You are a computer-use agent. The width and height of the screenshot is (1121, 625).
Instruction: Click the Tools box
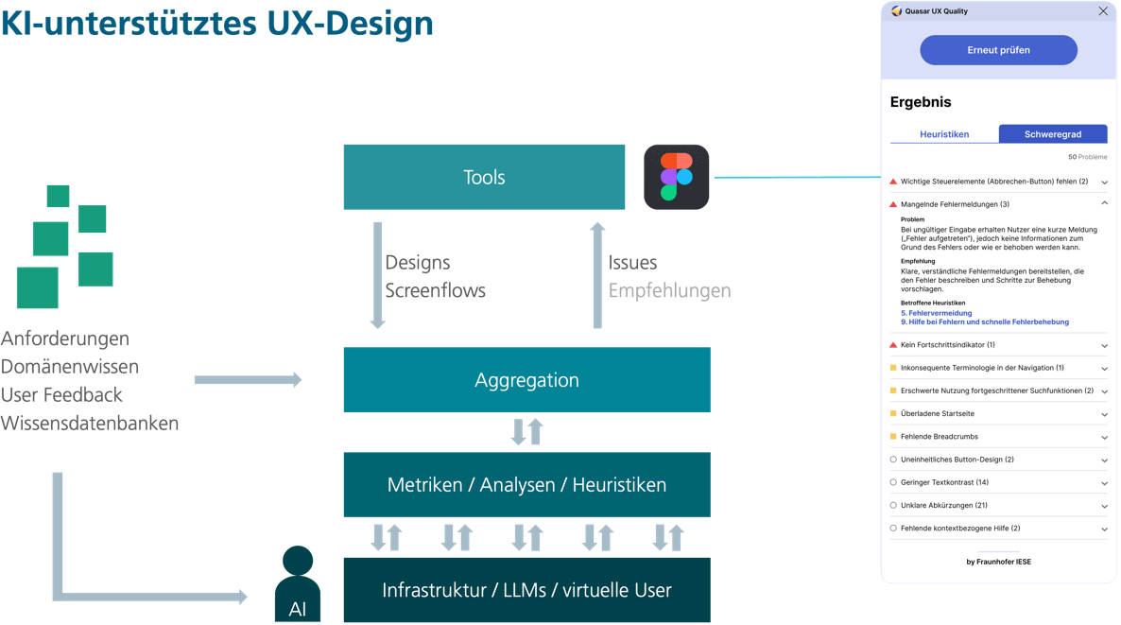[484, 177]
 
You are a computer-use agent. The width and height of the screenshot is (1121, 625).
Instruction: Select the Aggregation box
[526, 379]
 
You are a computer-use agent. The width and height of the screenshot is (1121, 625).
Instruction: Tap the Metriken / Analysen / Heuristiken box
[526, 484]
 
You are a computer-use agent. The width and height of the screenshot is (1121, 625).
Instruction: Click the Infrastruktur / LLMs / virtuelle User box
[526, 590]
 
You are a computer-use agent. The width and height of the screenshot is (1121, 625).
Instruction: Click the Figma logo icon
[676, 177]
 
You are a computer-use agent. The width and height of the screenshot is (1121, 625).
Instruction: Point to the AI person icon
[298, 585]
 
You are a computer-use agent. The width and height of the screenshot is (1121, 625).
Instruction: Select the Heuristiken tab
[943, 134]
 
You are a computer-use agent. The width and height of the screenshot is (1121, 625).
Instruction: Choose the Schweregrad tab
[1052, 134]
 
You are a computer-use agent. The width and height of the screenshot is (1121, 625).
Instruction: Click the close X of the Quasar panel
[1102, 11]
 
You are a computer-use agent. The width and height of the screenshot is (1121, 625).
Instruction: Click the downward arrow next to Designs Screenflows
[377, 275]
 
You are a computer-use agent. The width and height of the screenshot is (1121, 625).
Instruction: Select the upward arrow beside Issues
[597, 275]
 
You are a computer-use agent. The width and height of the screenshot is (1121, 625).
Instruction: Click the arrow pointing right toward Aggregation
[248, 379]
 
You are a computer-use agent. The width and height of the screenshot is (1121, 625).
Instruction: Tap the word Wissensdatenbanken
[90, 423]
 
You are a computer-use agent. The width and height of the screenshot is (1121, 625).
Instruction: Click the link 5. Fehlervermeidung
[936, 312]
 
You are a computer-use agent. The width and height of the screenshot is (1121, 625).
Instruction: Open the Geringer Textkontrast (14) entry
[944, 482]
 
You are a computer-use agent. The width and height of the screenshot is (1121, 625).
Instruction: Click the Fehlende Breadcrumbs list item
[939, 437]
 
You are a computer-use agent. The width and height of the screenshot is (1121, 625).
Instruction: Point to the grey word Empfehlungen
[669, 290]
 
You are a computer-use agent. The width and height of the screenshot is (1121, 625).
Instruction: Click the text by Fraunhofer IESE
[998, 562]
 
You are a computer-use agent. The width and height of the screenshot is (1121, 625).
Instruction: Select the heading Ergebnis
[921, 102]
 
